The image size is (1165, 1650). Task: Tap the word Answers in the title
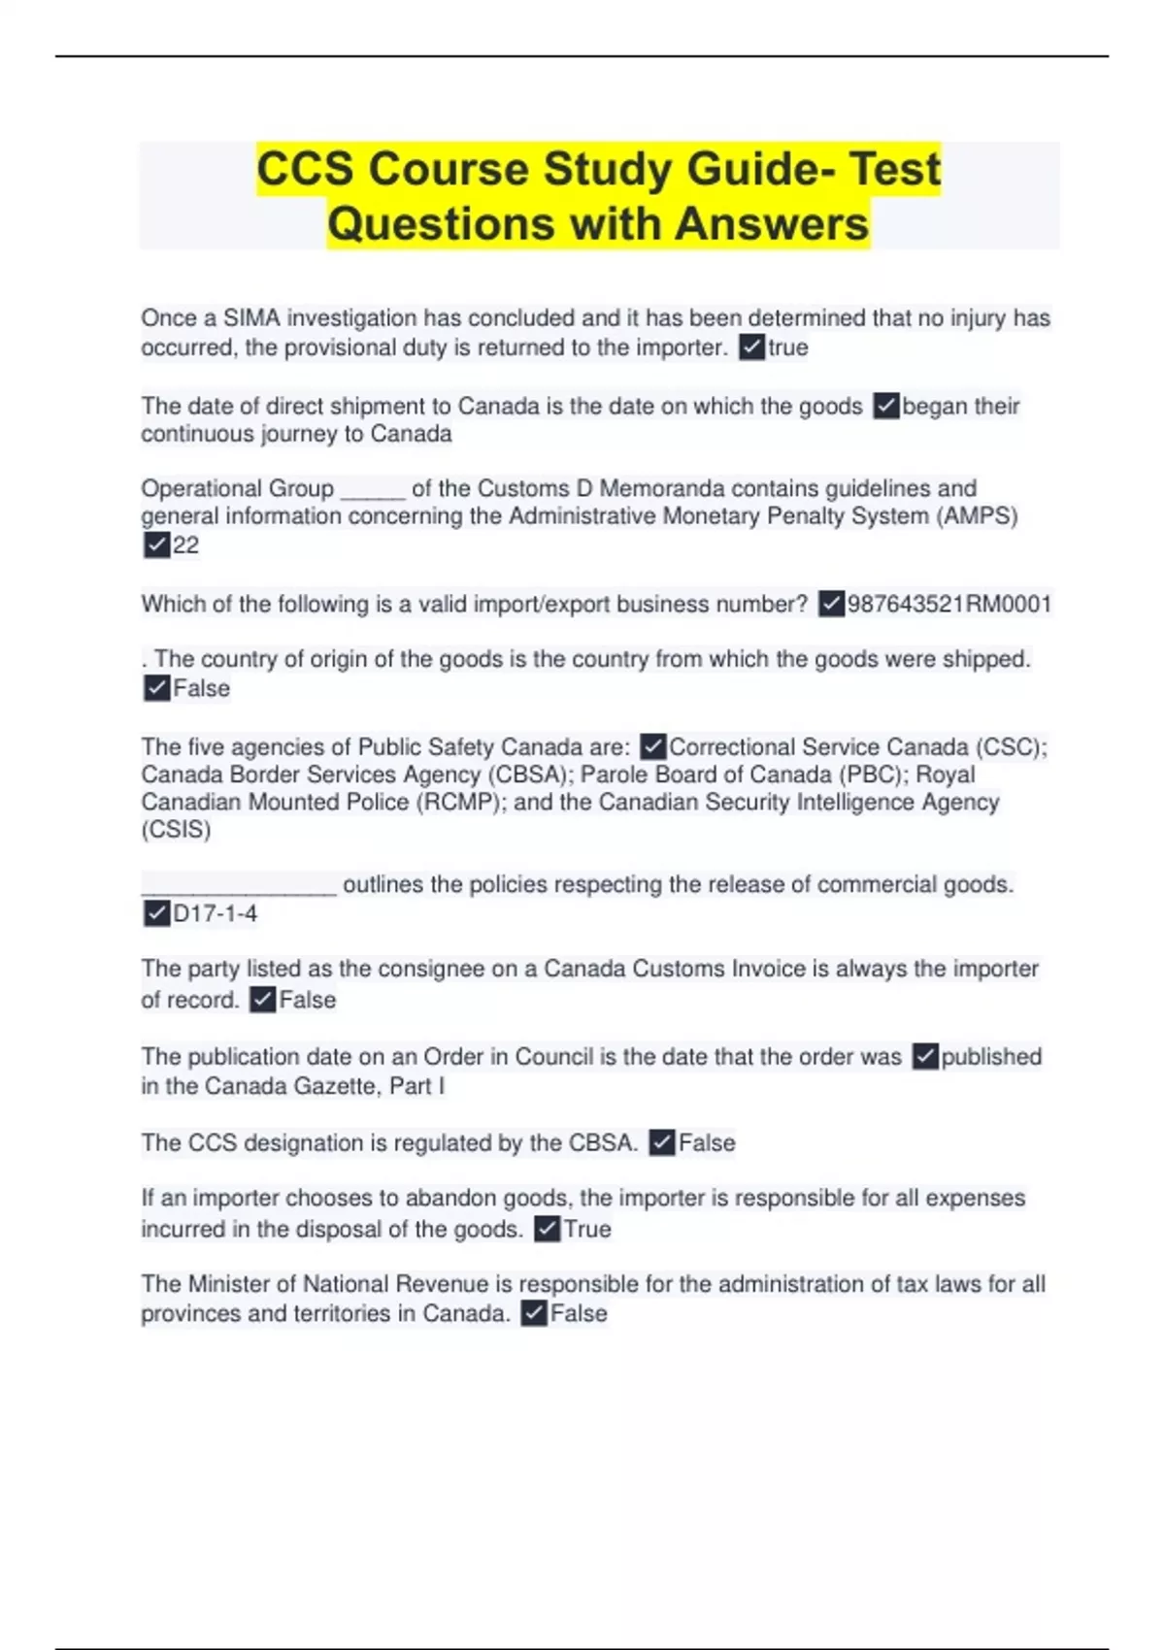pos(772,223)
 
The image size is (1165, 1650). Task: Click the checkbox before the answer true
pos(751,347)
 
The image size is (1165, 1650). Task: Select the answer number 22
pos(185,545)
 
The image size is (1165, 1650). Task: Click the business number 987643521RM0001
pos(949,605)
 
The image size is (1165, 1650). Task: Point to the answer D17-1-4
pos(215,913)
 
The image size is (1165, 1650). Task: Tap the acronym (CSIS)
pos(176,830)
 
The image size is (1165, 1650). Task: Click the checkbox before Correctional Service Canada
pos(653,746)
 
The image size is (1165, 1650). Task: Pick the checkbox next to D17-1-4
pos(156,913)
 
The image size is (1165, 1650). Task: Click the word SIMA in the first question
pos(251,318)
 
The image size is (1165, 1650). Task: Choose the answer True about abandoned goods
pos(587,1229)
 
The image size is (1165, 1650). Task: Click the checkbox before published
pos(926,1056)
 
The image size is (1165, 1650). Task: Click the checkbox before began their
pos(886,406)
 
